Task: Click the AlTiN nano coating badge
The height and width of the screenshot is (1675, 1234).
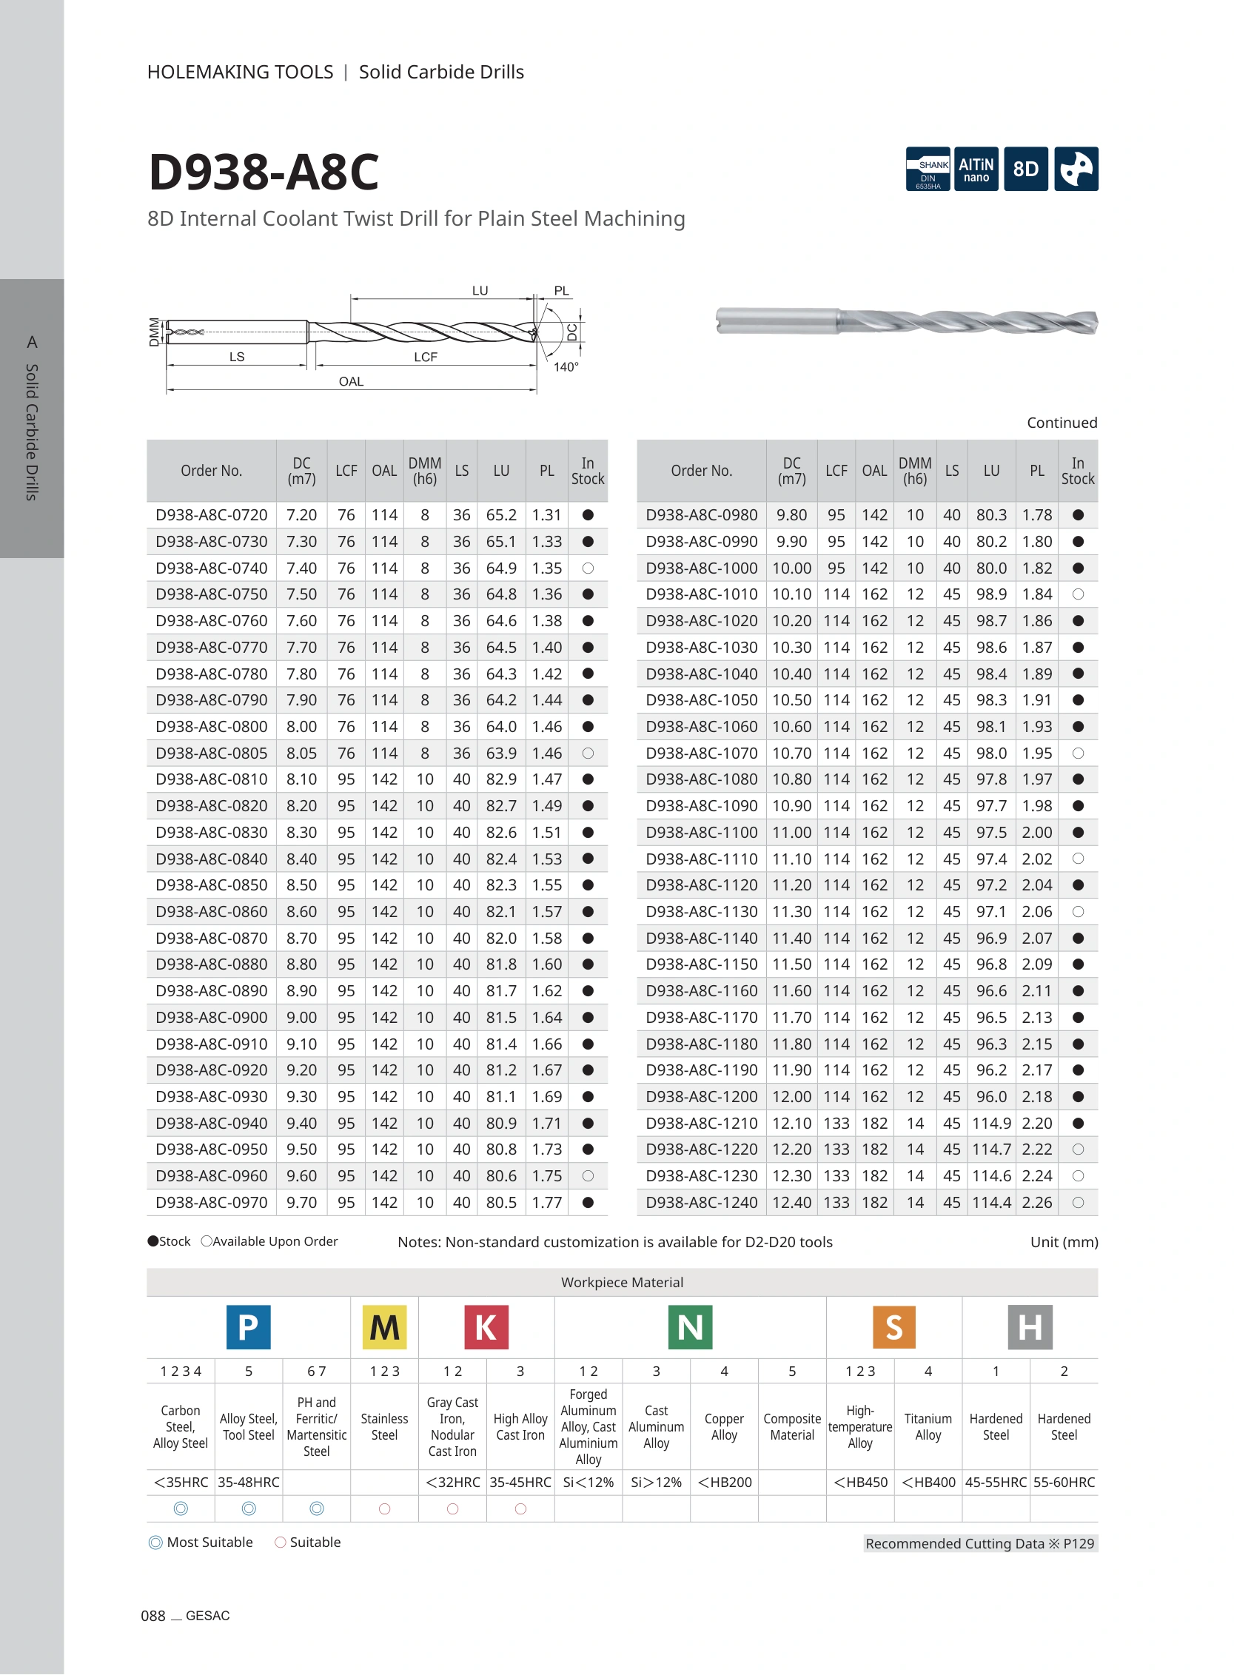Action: (x=976, y=169)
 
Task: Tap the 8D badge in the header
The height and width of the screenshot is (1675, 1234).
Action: (x=1025, y=169)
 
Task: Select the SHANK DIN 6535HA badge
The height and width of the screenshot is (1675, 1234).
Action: (x=928, y=169)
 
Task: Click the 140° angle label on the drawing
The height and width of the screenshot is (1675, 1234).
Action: (x=566, y=366)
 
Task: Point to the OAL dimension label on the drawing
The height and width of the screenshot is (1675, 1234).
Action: (x=351, y=382)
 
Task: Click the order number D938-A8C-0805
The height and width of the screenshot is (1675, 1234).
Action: (x=212, y=753)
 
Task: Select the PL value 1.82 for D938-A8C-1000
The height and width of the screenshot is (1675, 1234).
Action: (x=1037, y=568)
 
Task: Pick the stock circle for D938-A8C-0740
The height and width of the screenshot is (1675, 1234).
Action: (x=588, y=568)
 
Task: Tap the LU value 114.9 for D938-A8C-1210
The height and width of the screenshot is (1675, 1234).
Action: (x=991, y=1123)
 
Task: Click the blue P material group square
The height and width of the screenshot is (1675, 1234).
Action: (x=248, y=1327)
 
